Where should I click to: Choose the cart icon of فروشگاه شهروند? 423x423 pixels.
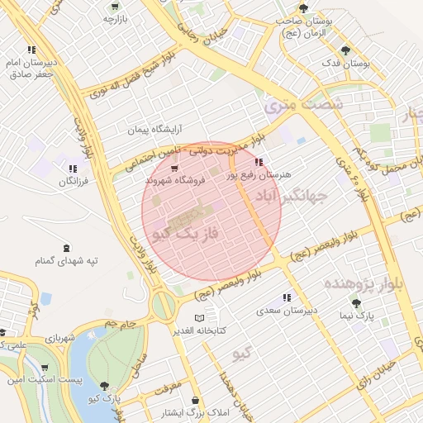[174, 168]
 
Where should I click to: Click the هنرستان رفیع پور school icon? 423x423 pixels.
[259, 162]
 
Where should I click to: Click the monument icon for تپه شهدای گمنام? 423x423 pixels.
[67, 248]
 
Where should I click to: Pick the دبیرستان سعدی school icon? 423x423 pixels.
[287, 297]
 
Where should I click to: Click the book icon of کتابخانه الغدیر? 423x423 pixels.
[197, 318]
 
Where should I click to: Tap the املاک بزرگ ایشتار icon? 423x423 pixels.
[195, 401]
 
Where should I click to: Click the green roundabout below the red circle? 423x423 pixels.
[164, 305]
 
